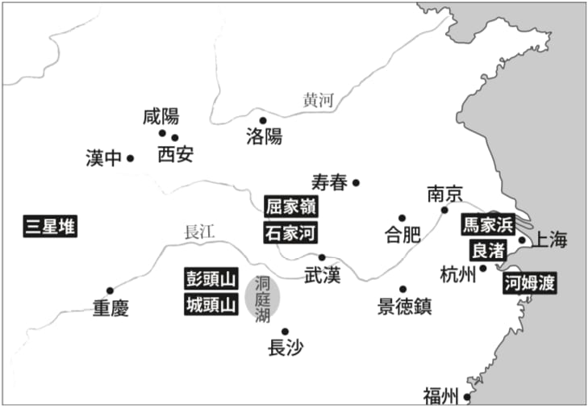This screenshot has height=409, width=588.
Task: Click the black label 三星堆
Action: tap(50, 227)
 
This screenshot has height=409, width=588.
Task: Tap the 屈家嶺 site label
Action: tap(290, 206)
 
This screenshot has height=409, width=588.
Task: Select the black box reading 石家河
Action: tap(290, 233)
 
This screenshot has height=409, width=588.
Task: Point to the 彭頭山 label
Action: tap(211, 279)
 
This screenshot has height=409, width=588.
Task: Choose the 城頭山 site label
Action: tap(211, 305)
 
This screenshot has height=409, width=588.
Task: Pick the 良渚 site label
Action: tap(488, 250)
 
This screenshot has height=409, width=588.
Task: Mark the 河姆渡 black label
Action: tap(530, 283)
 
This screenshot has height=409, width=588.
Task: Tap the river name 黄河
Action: tap(318, 101)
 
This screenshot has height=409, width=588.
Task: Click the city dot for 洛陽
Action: tap(263, 120)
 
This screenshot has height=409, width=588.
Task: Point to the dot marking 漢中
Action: tap(130, 158)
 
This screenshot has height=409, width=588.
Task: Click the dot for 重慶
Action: tap(110, 290)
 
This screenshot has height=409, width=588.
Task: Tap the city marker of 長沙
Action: tap(285, 331)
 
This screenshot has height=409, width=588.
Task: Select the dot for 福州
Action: tap(467, 397)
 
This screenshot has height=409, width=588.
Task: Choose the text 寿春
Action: tap(328, 182)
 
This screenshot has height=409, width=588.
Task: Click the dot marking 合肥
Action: tap(402, 218)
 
